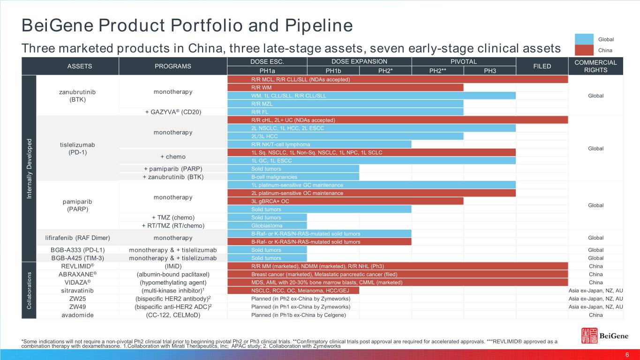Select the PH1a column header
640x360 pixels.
point(267,70)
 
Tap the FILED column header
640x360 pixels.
point(542,66)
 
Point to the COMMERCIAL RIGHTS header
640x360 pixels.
point(595,66)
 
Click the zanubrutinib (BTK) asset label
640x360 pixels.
point(78,95)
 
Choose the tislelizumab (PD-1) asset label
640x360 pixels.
point(78,148)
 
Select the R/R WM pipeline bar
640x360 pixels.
point(345,87)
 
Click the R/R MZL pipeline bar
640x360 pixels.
point(345,104)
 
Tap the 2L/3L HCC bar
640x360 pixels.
point(345,136)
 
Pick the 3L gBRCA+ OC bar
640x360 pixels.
point(345,201)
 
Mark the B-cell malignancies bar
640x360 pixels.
point(293,177)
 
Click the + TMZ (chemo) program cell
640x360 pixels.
point(173,217)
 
